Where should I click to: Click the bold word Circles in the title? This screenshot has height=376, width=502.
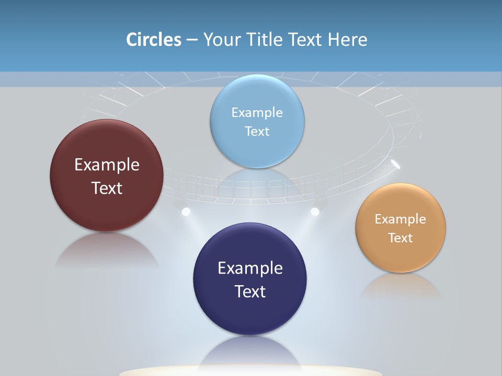click(x=154, y=40)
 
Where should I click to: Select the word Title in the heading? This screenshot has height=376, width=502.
click(x=264, y=40)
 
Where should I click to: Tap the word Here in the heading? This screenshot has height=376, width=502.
click(x=347, y=40)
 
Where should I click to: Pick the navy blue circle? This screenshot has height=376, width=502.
click(x=250, y=313)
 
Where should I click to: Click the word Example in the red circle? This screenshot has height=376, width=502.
click(x=107, y=164)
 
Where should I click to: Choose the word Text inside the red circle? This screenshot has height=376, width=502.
click(x=107, y=188)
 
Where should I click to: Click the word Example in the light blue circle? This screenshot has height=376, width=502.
click(x=257, y=112)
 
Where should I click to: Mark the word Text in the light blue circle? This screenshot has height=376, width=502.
click(x=257, y=131)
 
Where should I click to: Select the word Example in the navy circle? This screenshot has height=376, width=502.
click(x=250, y=268)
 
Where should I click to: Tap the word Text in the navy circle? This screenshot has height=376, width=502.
click(x=250, y=291)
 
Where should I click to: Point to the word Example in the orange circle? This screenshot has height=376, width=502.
click(x=401, y=219)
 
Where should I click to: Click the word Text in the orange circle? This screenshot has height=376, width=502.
click(x=401, y=238)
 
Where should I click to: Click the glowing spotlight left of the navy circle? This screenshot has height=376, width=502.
click(x=185, y=211)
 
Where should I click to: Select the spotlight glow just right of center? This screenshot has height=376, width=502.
click(x=315, y=211)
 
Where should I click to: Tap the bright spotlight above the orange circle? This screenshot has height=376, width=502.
click(x=396, y=165)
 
